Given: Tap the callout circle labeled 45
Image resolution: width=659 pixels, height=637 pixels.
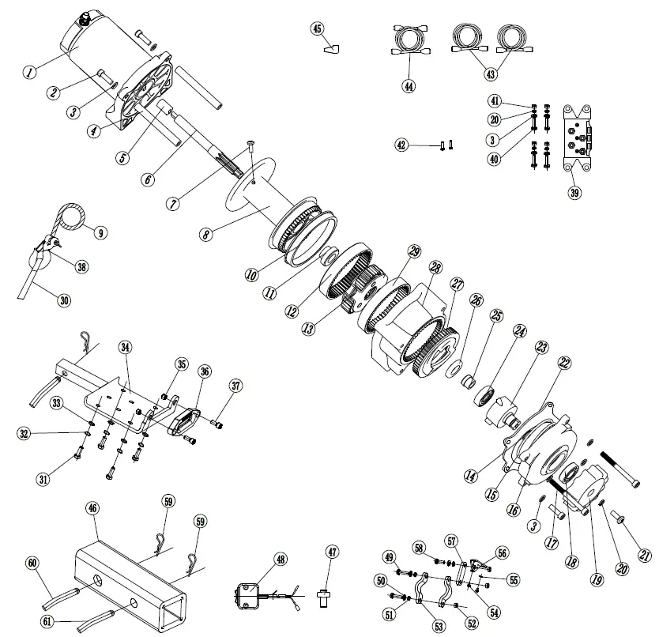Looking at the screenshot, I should [318, 29].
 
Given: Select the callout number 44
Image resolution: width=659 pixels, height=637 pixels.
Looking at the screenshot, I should [409, 85].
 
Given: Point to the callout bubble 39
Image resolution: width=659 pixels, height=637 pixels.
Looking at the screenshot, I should [574, 192].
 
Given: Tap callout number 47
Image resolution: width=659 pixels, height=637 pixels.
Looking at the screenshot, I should [332, 551].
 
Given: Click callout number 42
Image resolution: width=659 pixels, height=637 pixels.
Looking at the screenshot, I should [402, 145].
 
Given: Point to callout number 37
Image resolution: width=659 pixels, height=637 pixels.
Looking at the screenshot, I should [235, 385].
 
